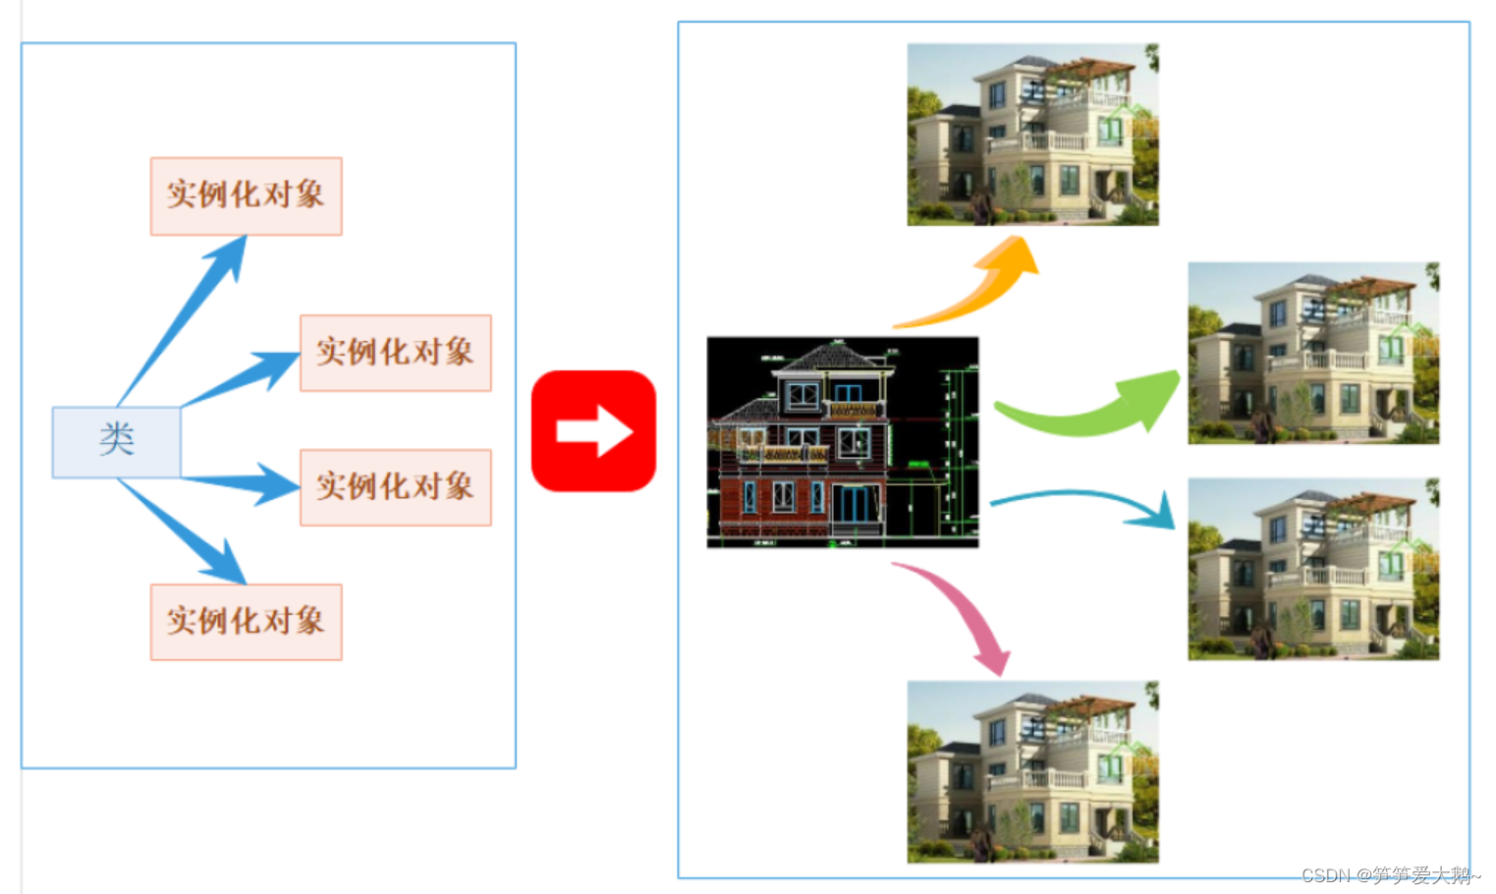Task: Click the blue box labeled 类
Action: coord(116,441)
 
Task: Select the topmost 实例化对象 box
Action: coord(246,196)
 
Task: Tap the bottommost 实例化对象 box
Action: coord(246,622)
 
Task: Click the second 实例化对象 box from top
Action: coord(395,353)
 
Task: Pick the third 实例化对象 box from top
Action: coord(395,487)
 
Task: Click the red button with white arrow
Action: coord(593,430)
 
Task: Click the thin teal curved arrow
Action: coord(1080,498)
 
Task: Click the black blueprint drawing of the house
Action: coord(842,442)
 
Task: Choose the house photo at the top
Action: coord(1032,135)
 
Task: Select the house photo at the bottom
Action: coord(1032,772)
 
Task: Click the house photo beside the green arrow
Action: coord(1313,353)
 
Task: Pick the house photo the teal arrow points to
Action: coord(1313,569)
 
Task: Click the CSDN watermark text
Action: coord(1389,874)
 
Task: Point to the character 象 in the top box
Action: coord(310,195)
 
